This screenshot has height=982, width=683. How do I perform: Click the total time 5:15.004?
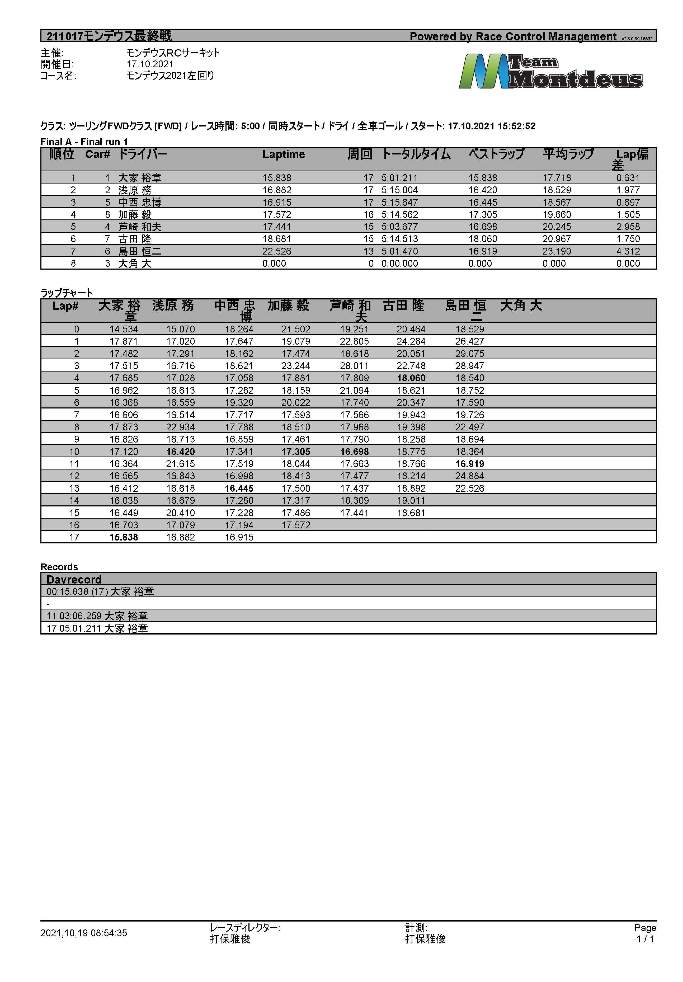399,190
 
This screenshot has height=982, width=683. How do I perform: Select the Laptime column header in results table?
283,154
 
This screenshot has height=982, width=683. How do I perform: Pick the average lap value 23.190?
557,251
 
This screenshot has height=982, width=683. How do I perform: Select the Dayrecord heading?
74,580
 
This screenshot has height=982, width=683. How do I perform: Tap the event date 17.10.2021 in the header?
150,64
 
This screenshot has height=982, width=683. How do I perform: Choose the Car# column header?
97,154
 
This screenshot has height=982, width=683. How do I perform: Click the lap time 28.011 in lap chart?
354,366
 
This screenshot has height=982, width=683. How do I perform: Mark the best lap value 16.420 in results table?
482,190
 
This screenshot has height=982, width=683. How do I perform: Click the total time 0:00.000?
399,264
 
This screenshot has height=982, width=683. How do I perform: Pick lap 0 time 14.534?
124,329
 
